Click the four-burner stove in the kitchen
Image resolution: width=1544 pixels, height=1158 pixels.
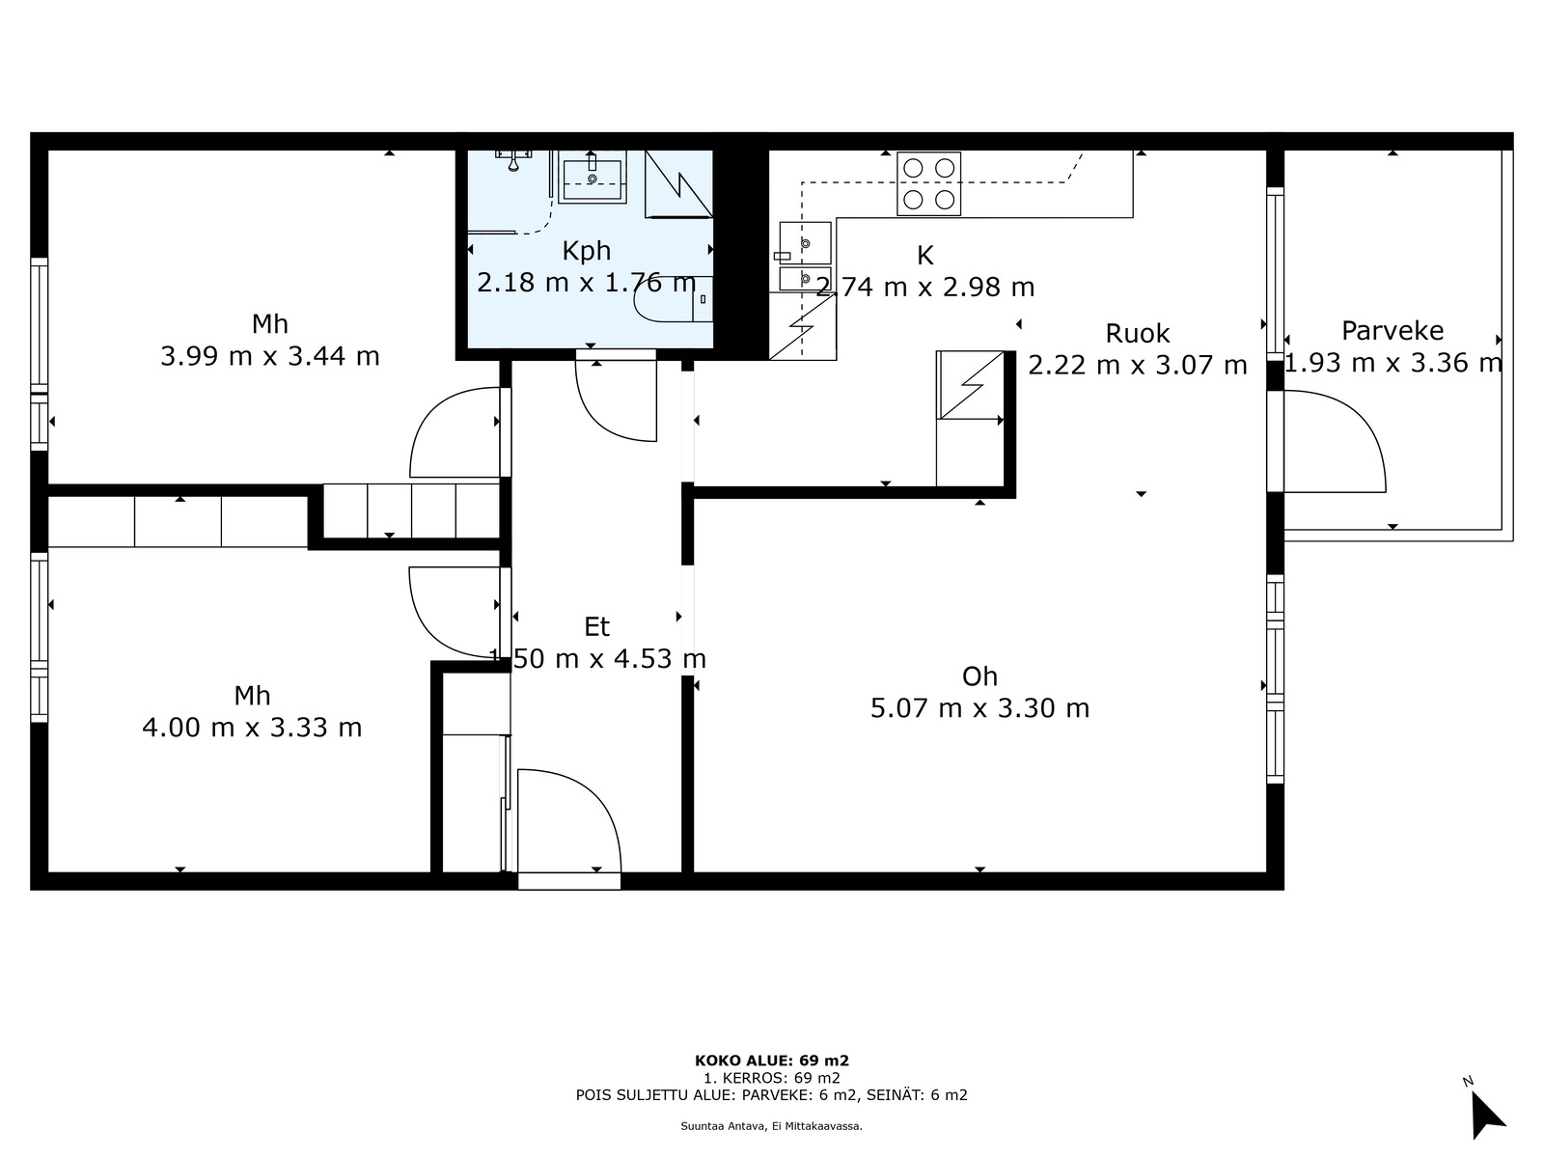(x=928, y=183)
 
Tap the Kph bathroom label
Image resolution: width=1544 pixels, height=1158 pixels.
(x=586, y=251)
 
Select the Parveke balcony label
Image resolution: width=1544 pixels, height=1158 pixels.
(x=1392, y=330)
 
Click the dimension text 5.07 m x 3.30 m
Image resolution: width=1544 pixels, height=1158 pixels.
(x=979, y=708)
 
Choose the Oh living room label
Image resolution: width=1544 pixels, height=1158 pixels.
(x=979, y=676)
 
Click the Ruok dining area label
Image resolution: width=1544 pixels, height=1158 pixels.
(x=1138, y=333)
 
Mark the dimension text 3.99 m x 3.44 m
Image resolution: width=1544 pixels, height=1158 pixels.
(x=270, y=356)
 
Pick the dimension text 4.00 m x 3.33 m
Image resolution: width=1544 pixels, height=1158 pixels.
(x=252, y=728)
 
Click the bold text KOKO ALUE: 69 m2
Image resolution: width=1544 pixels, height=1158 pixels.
(x=772, y=1061)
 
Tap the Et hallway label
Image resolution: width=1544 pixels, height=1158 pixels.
(x=596, y=626)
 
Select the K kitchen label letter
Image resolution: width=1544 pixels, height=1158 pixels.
(x=925, y=256)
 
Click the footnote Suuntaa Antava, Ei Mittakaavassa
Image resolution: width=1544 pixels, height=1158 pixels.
(x=772, y=1126)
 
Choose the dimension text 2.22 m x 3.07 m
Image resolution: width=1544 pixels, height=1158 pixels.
(x=1138, y=366)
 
